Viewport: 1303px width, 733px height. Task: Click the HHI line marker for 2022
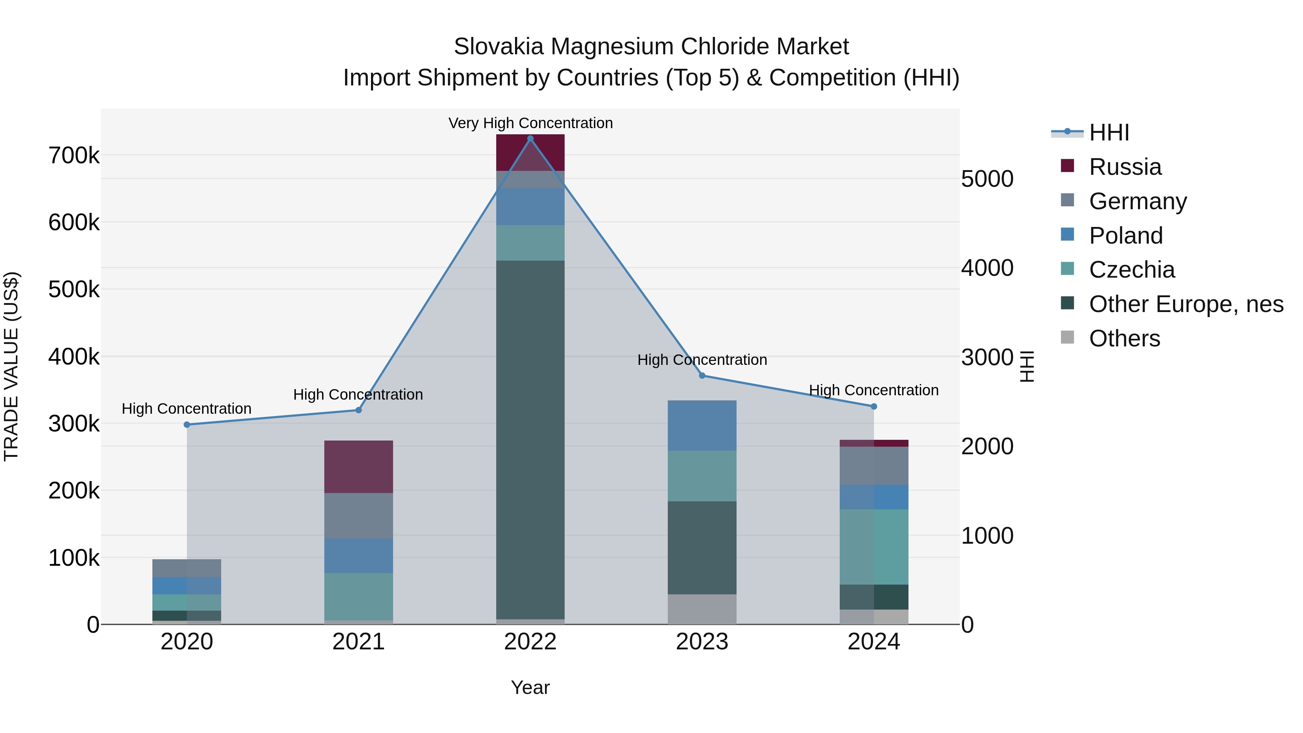click(530, 139)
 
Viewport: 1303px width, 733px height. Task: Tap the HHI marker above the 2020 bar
click(187, 425)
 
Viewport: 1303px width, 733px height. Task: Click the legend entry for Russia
click(1125, 167)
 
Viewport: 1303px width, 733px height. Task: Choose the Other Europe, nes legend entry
click(1186, 304)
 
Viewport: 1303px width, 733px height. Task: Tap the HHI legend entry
click(1109, 132)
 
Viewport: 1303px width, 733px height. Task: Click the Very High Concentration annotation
click(530, 123)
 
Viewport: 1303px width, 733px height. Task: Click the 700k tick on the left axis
click(74, 155)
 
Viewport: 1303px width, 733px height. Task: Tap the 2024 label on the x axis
click(874, 642)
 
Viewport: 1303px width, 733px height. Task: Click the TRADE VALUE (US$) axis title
click(11, 366)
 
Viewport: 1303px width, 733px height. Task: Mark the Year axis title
click(530, 687)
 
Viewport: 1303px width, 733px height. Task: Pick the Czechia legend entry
click(1131, 270)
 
